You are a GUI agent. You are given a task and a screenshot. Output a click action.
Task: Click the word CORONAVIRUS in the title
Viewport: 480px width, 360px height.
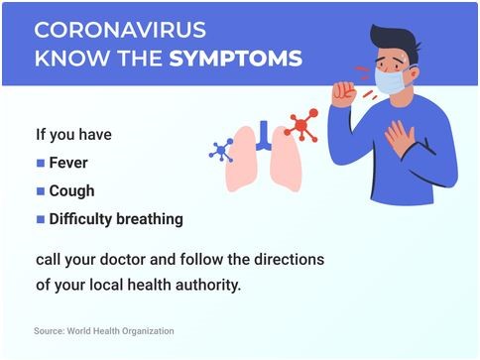[120, 30]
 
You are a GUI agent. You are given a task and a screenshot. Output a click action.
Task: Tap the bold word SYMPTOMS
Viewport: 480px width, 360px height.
[236, 59]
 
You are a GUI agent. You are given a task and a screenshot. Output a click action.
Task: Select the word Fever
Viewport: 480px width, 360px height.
[68, 163]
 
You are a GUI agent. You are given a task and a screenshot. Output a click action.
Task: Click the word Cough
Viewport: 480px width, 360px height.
[71, 191]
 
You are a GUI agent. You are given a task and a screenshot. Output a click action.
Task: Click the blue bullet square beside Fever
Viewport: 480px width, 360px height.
[41, 163]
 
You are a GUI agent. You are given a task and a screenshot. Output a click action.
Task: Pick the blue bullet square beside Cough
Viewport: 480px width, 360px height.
[41, 191]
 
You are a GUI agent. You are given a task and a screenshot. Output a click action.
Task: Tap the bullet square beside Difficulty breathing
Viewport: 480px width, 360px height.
[41, 219]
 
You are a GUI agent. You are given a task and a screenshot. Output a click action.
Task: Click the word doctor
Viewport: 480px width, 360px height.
[123, 260]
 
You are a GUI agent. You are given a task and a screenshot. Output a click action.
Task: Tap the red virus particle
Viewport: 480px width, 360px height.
[301, 125]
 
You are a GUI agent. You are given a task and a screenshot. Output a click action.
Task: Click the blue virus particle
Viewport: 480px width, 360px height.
[221, 151]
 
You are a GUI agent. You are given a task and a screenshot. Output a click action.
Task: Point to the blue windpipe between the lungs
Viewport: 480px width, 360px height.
[264, 136]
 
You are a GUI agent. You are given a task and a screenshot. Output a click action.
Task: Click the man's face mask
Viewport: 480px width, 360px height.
[391, 81]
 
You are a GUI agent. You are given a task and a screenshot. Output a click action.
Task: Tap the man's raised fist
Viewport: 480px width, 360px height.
[344, 94]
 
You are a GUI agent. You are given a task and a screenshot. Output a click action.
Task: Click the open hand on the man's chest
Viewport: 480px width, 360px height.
[400, 138]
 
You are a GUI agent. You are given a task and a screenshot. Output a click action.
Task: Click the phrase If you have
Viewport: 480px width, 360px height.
[73, 135]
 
